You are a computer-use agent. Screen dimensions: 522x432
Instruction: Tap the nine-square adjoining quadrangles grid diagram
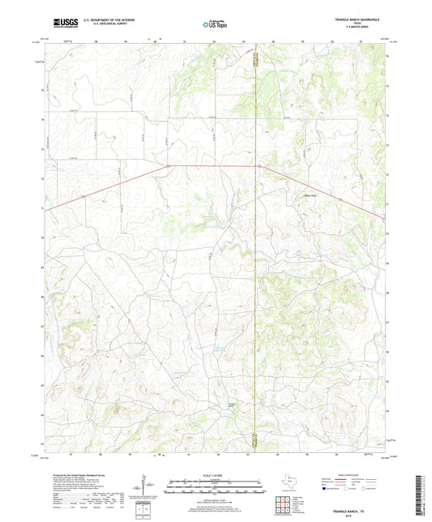[x=286, y=503]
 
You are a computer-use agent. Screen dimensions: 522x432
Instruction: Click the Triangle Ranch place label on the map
[x=231, y=404]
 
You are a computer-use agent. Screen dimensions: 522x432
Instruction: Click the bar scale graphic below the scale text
[x=216, y=487]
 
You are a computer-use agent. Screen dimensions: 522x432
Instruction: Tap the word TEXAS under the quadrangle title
[x=362, y=24]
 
